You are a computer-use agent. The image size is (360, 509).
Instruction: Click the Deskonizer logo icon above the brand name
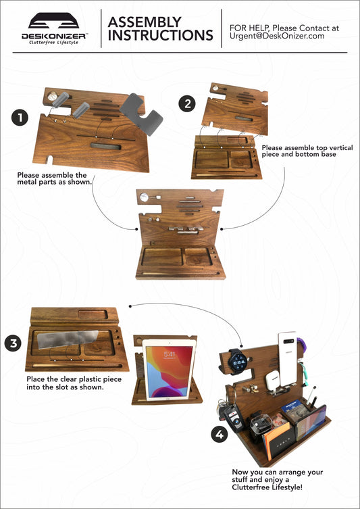pos(53,20)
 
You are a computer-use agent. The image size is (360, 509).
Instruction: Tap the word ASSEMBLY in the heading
pos(145,22)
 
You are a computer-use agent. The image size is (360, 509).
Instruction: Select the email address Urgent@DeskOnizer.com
pos(277,36)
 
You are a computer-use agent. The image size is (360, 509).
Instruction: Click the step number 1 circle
pos(20,118)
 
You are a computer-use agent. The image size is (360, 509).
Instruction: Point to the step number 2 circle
pos(187,103)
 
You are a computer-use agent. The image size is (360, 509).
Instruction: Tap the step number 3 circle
pos(14,343)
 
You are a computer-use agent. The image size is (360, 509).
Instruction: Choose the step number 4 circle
pos(220,434)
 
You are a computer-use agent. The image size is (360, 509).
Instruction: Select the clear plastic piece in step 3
pos(68,339)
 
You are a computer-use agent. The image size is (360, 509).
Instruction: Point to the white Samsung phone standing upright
pos(288,359)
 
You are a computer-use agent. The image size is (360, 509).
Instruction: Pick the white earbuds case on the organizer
pos(272,379)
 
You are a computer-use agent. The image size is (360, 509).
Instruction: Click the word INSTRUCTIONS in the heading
pos(161,35)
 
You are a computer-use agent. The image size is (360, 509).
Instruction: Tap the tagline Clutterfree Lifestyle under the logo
pos(53,42)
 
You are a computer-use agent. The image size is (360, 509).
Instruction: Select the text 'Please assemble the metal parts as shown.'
pos(55,178)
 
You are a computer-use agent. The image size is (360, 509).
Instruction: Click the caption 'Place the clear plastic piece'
pos(74,379)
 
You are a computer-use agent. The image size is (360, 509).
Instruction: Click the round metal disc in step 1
pos(51,96)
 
